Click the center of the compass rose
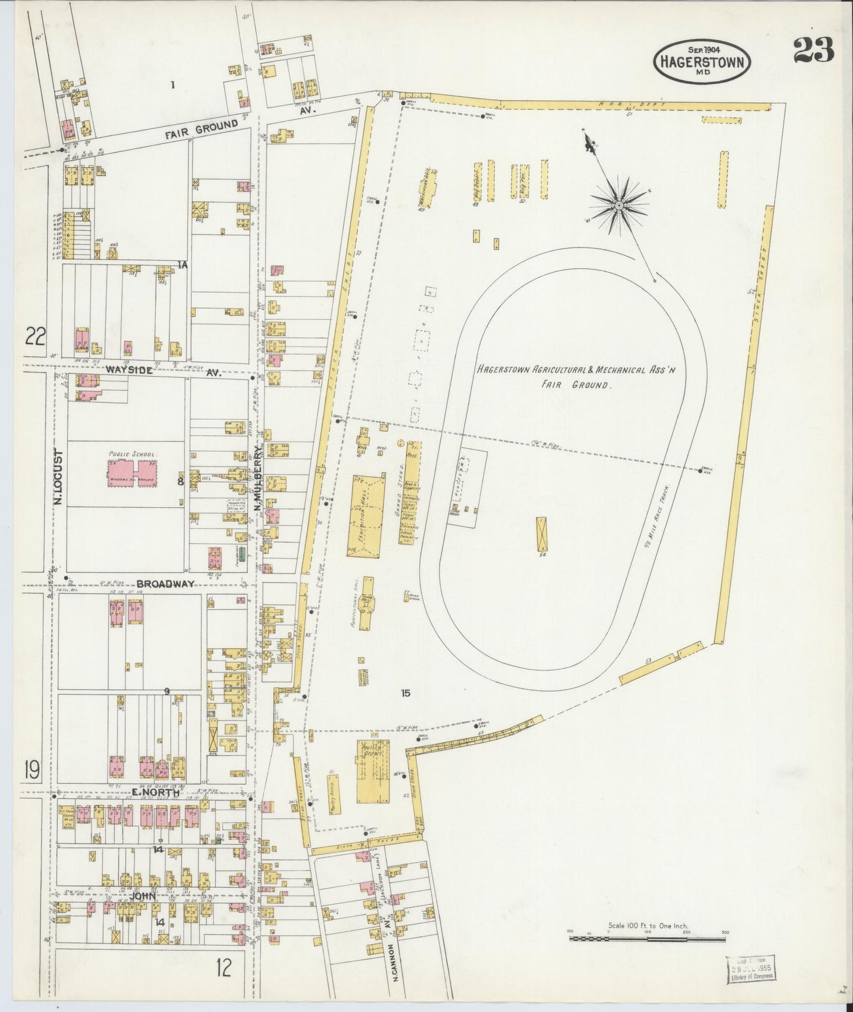[x=619, y=205]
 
